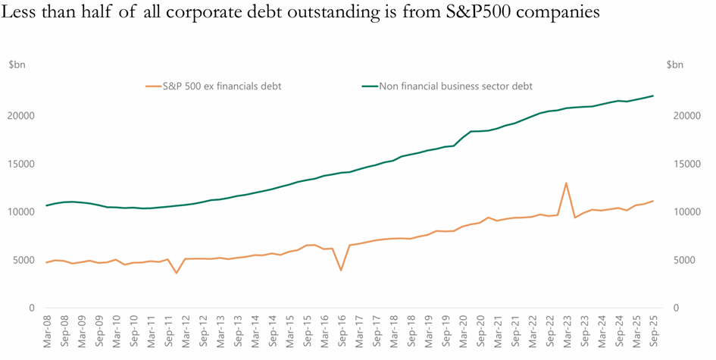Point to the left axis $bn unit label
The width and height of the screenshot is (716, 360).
pyautogui.click(x=17, y=65)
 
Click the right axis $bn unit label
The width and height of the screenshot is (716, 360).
pyautogui.click(x=675, y=65)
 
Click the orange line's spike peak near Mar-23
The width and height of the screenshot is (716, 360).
pyautogui.click(x=566, y=183)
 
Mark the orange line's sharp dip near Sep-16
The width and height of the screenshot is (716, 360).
pyautogui.click(x=341, y=270)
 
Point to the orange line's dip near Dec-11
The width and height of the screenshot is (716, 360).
pyautogui.click(x=177, y=273)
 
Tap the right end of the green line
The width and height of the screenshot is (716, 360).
pyautogui.click(x=653, y=95)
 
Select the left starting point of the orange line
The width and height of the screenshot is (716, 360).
pyautogui.click(x=47, y=262)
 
